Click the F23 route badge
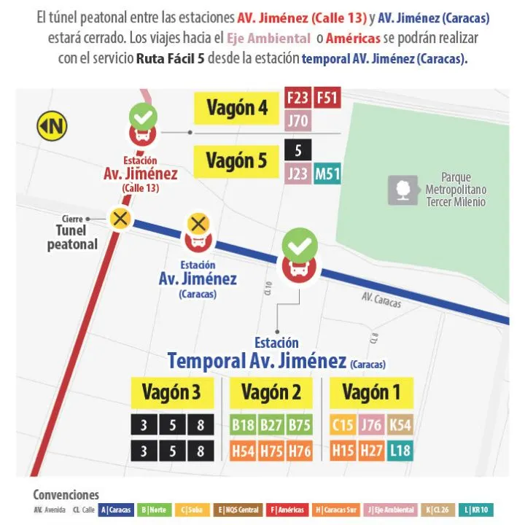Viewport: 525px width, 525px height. (x=298, y=98)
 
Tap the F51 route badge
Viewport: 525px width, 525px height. (x=327, y=98)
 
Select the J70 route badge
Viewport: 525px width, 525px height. (x=298, y=120)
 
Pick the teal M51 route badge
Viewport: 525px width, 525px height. (x=327, y=174)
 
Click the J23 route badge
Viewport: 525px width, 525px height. (x=298, y=174)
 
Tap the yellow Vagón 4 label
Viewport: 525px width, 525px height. (x=237, y=109)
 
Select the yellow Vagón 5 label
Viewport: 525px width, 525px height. (x=236, y=160)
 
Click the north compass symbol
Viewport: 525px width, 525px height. (x=52, y=126)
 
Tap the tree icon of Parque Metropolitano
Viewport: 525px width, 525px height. (x=402, y=189)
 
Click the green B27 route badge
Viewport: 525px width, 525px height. (x=271, y=425)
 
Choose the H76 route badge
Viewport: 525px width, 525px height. (x=299, y=451)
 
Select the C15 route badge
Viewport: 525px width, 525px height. (x=343, y=425)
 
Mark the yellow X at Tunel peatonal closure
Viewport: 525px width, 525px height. (x=119, y=218)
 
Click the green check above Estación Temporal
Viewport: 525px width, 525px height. (x=300, y=245)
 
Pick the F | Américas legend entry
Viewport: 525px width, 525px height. (x=287, y=510)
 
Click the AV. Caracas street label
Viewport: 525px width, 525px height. (x=381, y=300)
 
